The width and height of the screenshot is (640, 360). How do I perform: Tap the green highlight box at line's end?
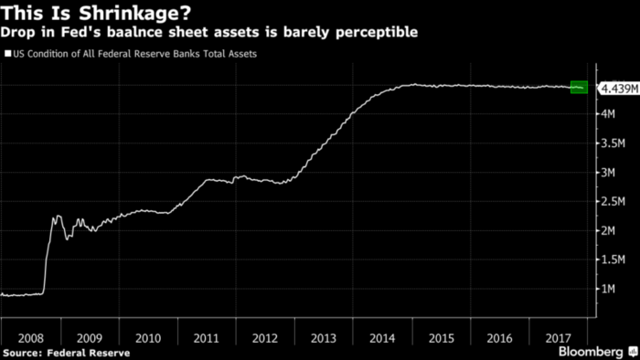579,87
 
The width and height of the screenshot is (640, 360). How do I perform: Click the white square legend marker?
8,54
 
